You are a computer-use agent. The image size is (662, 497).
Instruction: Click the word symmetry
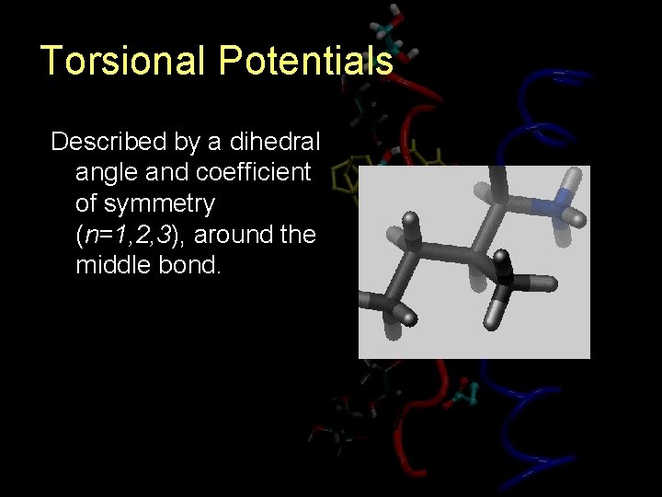[144, 204]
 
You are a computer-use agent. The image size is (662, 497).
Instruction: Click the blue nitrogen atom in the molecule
[557, 204]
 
